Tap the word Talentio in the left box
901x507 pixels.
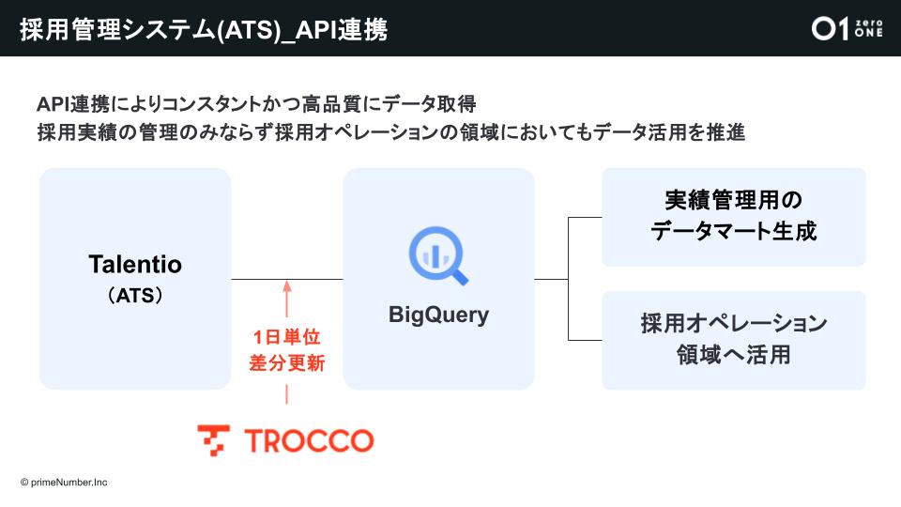[x=135, y=265]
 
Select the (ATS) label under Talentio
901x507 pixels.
[x=135, y=296]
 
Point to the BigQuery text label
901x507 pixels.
[x=438, y=315]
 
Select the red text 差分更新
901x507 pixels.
[x=287, y=363]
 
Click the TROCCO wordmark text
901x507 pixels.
[x=308, y=440]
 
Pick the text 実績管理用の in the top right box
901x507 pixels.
[x=733, y=201]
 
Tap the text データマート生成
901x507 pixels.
[x=733, y=231]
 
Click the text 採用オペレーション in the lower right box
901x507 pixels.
[x=733, y=324]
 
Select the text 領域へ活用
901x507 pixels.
[x=733, y=354]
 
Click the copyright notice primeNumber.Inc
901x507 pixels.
[x=64, y=482]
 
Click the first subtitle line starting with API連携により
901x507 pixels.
[x=263, y=102]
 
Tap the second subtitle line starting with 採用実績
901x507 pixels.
[x=390, y=132]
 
